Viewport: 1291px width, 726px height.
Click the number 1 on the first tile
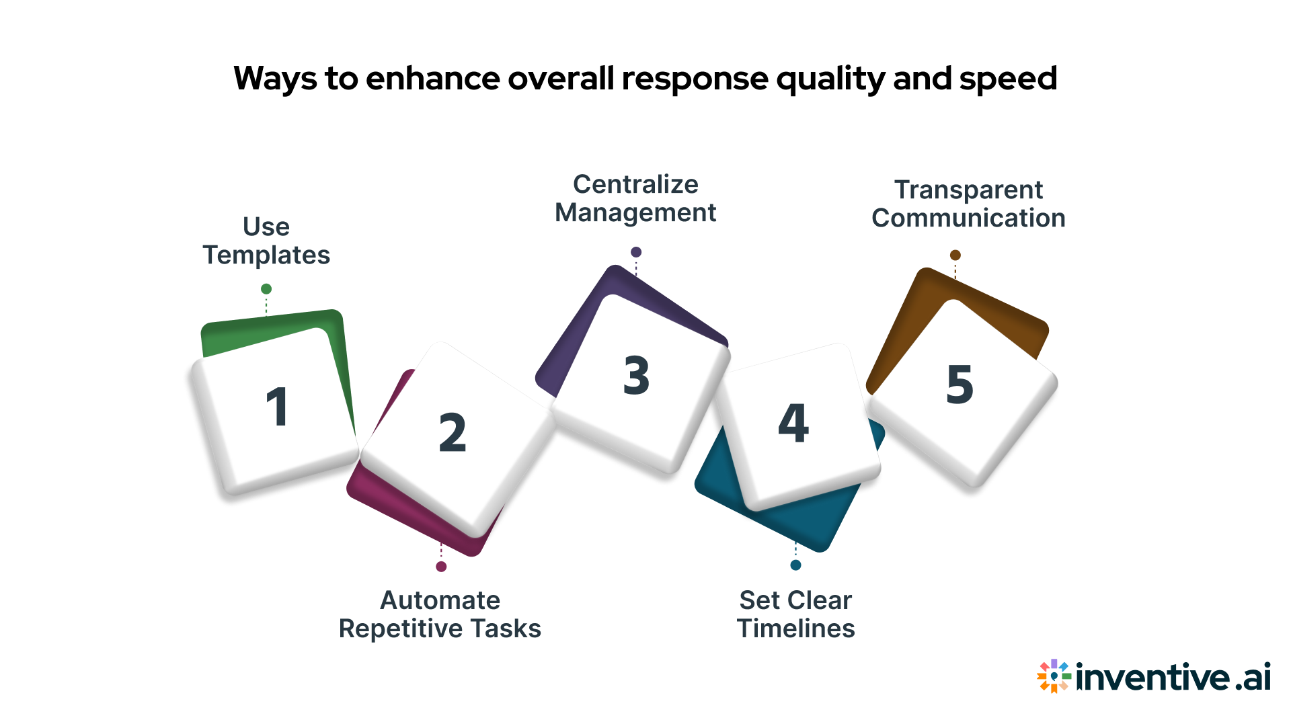tap(278, 407)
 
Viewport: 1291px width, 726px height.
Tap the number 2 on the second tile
tap(453, 433)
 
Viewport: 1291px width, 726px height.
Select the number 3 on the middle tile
tap(636, 375)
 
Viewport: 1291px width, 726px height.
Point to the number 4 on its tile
tap(793, 424)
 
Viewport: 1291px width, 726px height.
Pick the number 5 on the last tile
tap(960, 385)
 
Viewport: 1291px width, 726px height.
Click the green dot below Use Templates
tap(266, 289)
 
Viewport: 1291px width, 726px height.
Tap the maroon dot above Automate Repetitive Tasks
tap(441, 567)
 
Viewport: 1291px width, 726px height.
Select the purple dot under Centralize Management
tap(636, 252)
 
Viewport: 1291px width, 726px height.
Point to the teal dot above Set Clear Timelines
tap(795, 565)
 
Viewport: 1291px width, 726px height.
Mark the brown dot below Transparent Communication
tap(955, 255)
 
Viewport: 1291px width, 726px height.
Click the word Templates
tap(266, 255)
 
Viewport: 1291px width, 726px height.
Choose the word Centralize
tap(635, 184)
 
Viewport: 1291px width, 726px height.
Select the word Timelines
tap(796, 629)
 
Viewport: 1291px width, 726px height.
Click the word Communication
tap(968, 218)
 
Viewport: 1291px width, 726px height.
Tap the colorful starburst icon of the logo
tap(1053, 676)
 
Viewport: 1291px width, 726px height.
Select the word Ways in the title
tap(274, 79)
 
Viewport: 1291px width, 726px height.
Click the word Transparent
tap(968, 190)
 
